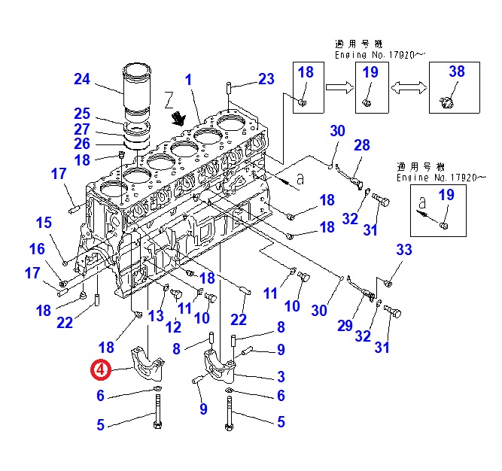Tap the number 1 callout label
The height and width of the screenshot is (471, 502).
(x=188, y=80)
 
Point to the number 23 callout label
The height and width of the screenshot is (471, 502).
(x=266, y=78)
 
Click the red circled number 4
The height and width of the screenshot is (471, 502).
(x=100, y=369)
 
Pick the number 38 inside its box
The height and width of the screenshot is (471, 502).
(x=457, y=72)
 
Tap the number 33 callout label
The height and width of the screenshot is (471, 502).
(x=404, y=251)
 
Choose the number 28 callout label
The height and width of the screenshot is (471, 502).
(x=362, y=145)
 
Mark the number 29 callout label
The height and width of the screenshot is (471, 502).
(x=345, y=325)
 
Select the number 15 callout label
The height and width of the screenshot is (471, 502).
(x=44, y=222)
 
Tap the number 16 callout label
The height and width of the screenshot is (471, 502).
(x=37, y=249)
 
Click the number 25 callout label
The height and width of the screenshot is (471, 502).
(x=82, y=114)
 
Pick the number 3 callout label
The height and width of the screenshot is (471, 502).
(x=280, y=376)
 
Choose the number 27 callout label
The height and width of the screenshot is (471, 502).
(x=82, y=129)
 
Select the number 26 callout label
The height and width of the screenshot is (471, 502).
(x=82, y=143)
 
